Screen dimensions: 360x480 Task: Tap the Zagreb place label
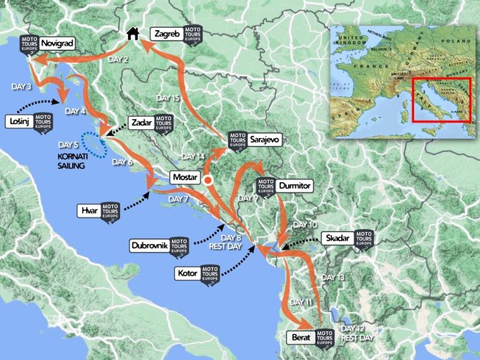tap(165, 34)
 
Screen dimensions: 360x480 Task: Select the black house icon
tap(133, 33)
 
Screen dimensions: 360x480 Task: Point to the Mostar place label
tap(185, 177)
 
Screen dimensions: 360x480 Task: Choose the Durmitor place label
tap(293, 186)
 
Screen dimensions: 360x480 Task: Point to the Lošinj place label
tap(18, 120)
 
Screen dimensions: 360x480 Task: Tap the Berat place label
tap(298, 338)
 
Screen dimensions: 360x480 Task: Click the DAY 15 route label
tap(168, 98)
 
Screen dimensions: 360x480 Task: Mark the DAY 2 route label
tap(117, 59)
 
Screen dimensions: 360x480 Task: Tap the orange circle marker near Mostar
tap(208, 180)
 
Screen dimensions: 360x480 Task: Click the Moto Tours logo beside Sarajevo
tap(237, 140)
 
